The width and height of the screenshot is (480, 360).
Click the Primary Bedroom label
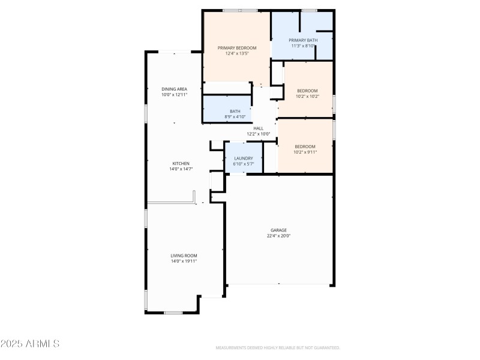click(237, 48)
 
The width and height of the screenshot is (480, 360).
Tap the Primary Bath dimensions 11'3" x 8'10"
click(303, 46)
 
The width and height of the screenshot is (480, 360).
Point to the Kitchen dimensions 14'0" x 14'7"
click(181, 169)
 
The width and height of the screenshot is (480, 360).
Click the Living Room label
click(184, 256)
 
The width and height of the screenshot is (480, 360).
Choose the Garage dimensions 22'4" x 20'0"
click(278, 236)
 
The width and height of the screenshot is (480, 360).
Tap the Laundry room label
click(243, 158)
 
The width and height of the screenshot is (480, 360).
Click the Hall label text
click(259, 128)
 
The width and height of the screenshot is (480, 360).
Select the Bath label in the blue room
click(235, 111)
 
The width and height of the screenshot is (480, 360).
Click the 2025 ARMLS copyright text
click(30, 344)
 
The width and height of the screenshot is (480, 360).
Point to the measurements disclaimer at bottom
click(278, 348)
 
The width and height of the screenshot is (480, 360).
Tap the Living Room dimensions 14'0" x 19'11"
click(184, 261)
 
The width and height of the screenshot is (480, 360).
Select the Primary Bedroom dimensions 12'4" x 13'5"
click(237, 53)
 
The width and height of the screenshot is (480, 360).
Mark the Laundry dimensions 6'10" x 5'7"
click(243, 164)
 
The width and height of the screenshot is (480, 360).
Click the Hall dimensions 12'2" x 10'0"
click(259, 134)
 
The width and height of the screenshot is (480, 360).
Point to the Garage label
click(278, 230)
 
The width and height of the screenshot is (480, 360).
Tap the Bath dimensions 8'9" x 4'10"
click(235, 116)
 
